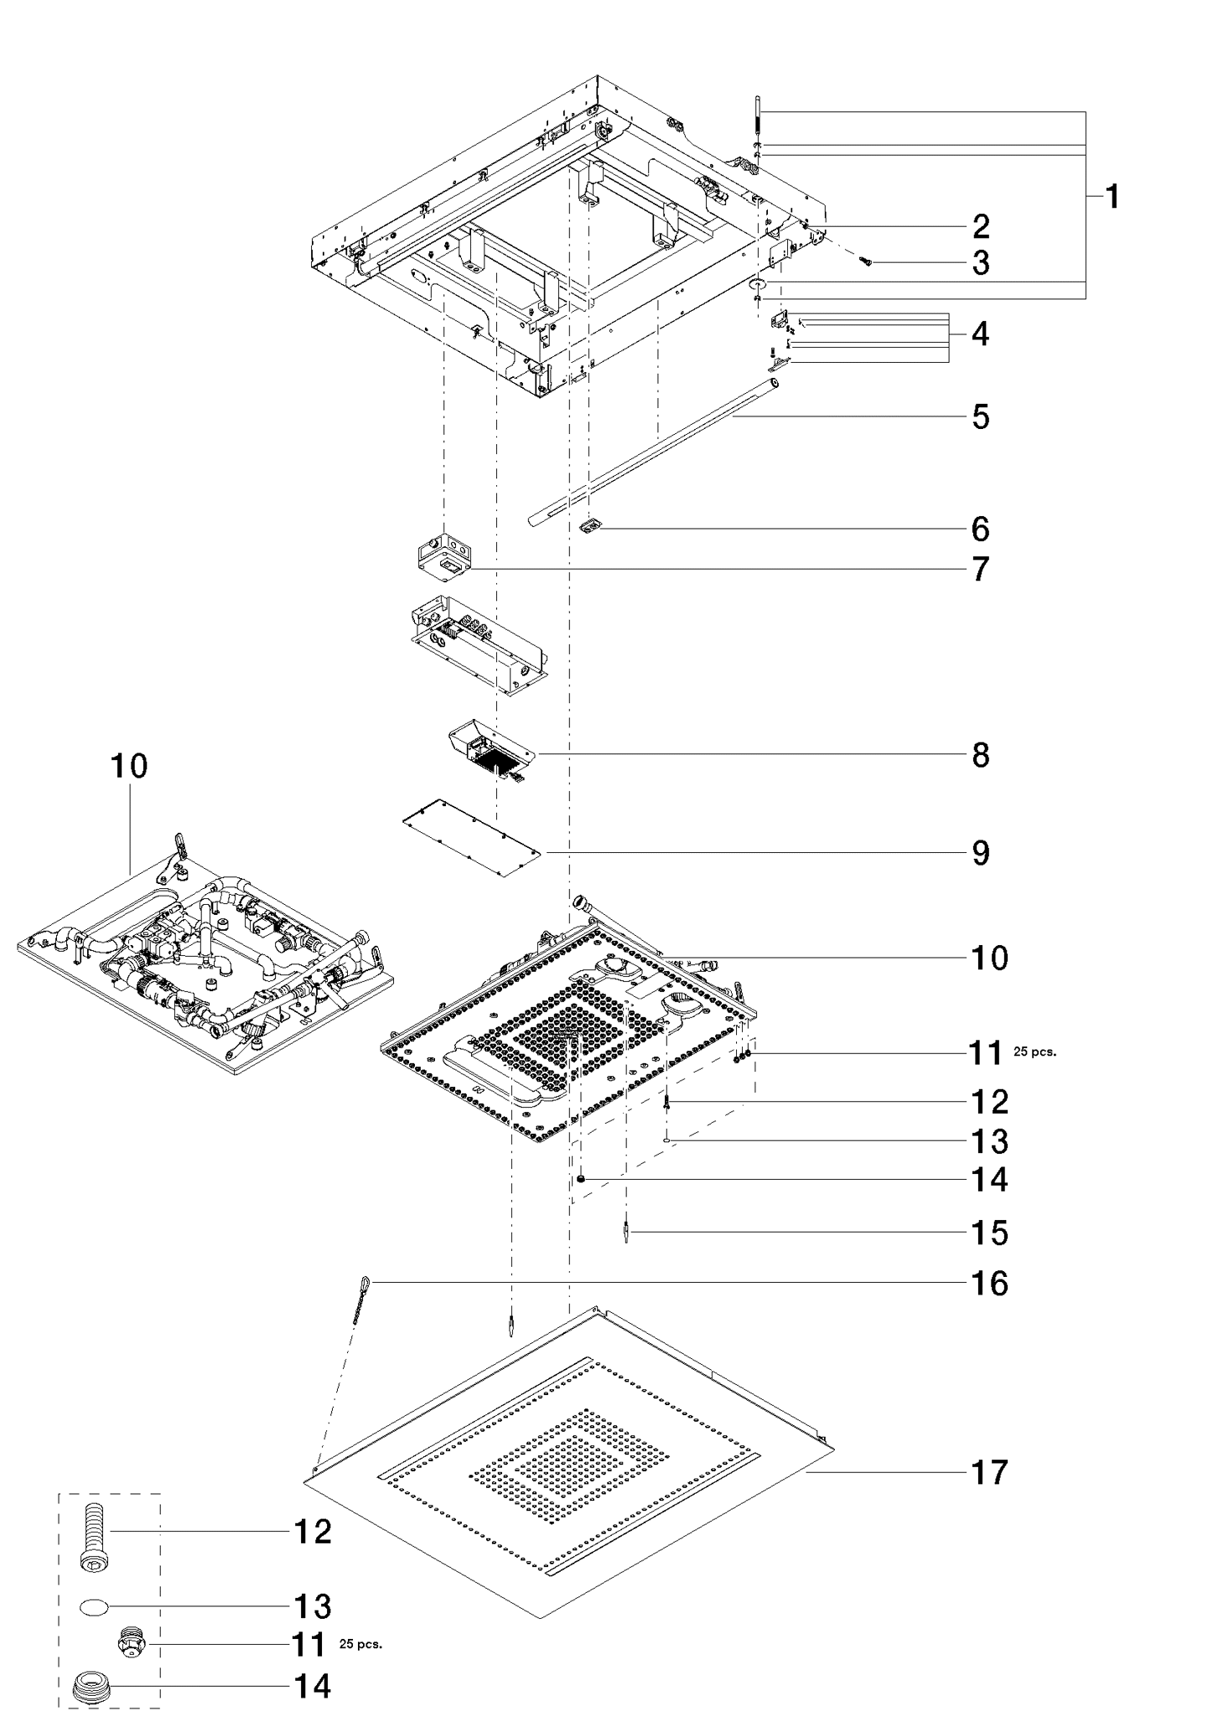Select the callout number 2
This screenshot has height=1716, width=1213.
(x=981, y=227)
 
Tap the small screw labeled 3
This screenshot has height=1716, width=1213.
(x=867, y=262)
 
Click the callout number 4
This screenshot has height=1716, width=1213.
(x=981, y=334)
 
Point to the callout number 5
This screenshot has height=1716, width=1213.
(x=981, y=416)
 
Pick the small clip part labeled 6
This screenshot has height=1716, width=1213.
(x=592, y=527)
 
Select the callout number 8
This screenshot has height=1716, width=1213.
(x=981, y=755)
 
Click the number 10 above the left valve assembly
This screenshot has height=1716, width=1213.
(x=129, y=766)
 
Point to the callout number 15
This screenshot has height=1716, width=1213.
(x=990, y=1233)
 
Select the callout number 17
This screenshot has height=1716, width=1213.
(x=990, y=1472)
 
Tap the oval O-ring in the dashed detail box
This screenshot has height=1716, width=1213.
(x=95, y=1606)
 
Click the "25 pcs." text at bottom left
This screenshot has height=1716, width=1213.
(x=360, y=1645)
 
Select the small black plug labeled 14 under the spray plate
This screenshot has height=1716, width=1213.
(x=579, y=1180)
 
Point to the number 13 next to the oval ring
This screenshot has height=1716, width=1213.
(x=313, y=1606)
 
